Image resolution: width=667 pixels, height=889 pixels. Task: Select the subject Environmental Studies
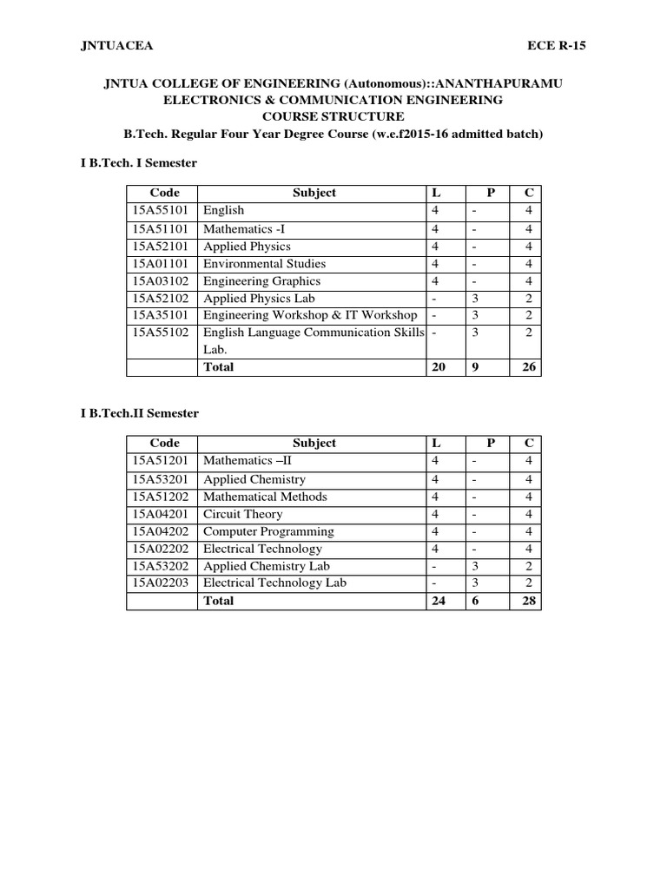[x=264, y=264]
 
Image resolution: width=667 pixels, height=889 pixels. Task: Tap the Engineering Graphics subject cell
[x=261, y=281]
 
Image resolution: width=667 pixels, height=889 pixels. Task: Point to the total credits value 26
[x=529, y=367]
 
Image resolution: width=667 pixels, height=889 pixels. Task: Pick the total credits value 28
[x=529, y=601]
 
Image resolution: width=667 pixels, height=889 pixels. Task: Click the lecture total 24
[x=439, y=601]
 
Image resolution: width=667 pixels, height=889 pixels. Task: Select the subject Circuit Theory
[x=242, y=514]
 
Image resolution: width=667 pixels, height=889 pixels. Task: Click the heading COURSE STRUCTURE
[x=333, y=116]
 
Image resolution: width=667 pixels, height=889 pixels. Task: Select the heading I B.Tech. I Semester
[x=139, y=162]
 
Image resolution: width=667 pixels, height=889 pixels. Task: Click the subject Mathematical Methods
[x=265, y=497]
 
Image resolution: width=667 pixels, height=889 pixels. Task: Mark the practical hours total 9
[x=476, y=367]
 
